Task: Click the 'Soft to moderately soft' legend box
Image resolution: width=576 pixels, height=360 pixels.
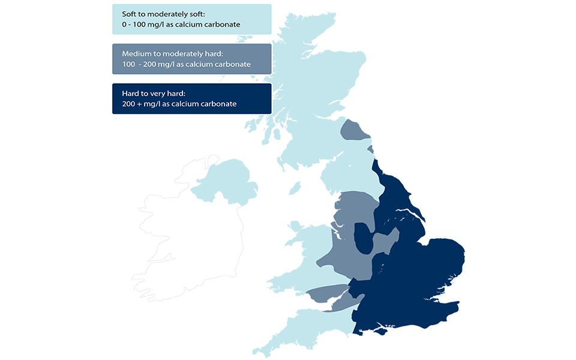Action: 191,19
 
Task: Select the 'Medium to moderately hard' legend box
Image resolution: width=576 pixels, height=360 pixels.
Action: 191,59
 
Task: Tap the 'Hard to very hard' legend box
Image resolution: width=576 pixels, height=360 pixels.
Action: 191,98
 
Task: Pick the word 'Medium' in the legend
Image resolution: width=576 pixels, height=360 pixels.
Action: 134,54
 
